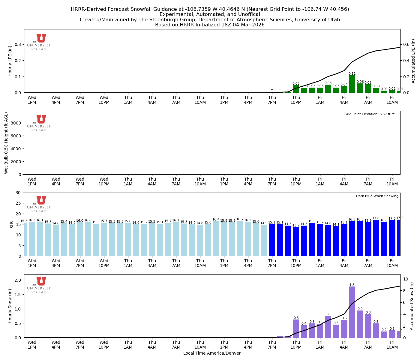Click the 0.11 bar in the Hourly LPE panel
352,84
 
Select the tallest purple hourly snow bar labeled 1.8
352,312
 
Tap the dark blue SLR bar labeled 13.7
296,241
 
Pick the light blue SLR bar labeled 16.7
240,238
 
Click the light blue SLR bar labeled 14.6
56,241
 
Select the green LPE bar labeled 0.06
360,88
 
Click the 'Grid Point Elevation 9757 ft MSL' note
371,114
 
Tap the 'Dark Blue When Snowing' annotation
377,196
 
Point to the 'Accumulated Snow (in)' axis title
412,306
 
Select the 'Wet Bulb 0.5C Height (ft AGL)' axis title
6,143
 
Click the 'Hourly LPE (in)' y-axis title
10,61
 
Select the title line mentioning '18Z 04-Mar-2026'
210,25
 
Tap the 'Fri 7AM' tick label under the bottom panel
368,345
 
